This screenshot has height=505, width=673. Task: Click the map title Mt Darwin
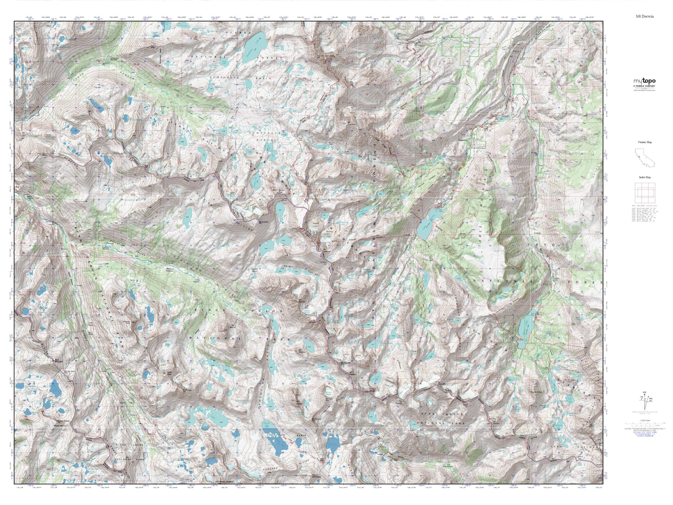[x=644, y=16]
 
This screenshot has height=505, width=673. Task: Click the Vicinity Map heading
[x=644, y=142]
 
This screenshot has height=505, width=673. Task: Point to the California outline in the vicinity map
[x=644, y=157]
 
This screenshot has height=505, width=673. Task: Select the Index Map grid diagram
[x=644, y=193]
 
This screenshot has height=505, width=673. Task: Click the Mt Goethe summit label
[x=264, y=221]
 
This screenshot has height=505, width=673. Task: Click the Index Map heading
[x=644, y=177]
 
